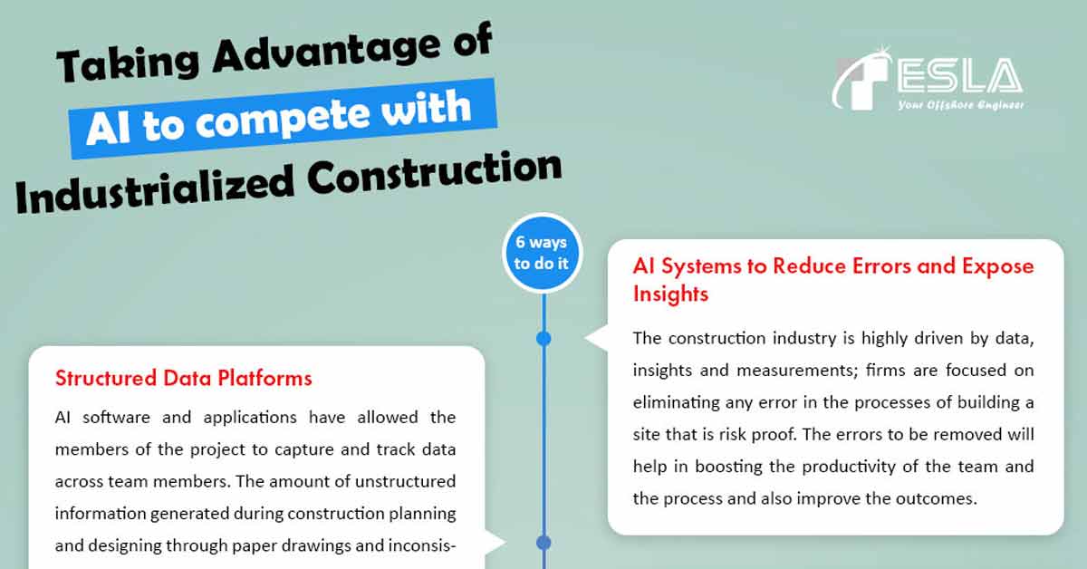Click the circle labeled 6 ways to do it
click(x=542, y=253)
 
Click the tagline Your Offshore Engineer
click(x=959, y=106)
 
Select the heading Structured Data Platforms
click(x=184, y=378)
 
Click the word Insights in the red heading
click(x=670, y=294)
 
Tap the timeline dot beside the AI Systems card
click(x=543, y=338)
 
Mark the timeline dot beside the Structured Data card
click(x=543, y=543)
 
